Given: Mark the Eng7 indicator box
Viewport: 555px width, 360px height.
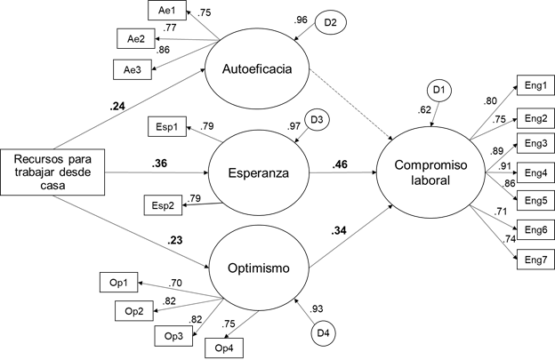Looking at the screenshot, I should click(x=535, y=260).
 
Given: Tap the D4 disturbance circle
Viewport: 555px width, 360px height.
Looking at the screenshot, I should click(x=323, y=333).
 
